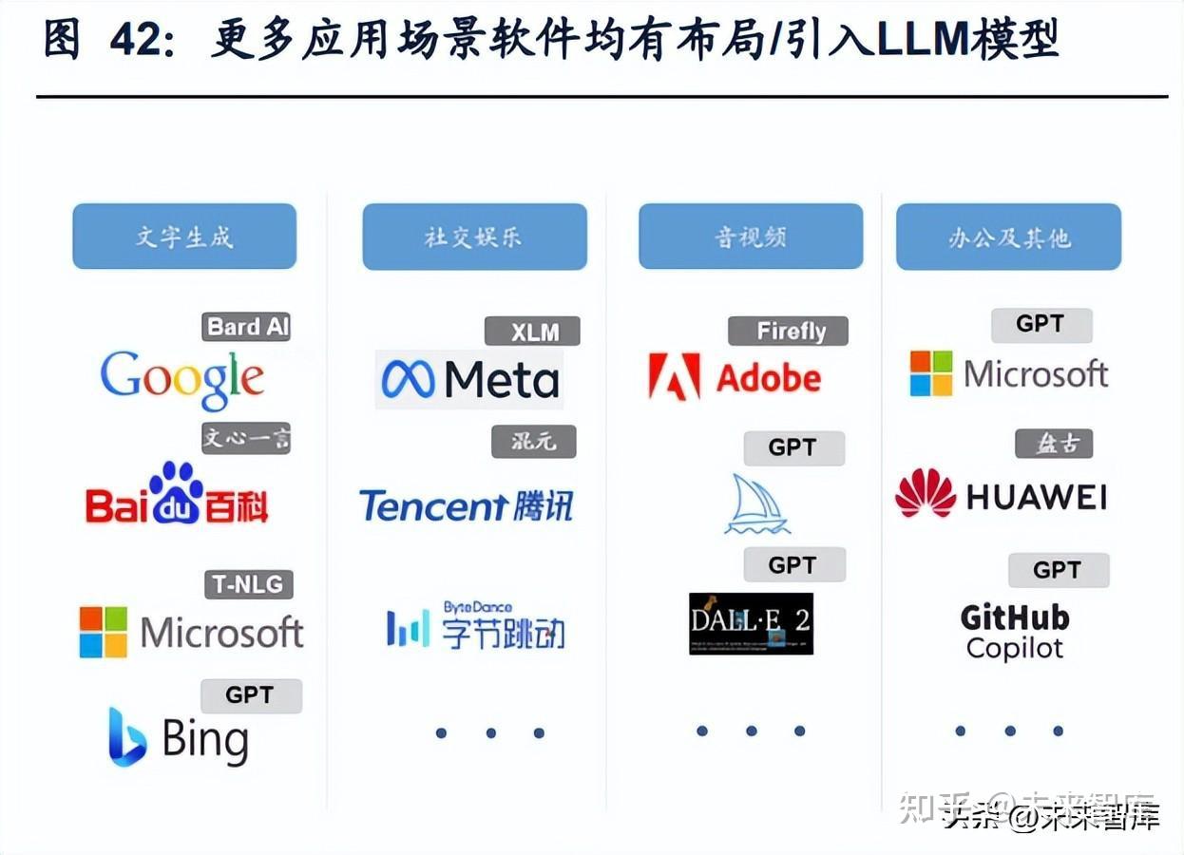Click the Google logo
pyautogui.click(x=182, y=378)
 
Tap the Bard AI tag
pyautogui.click(x=247, y=327)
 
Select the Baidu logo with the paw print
pyautogui.click(x=177, y=495)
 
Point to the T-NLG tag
pyautogui.click(x=248, y=584)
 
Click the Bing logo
pyautogui.click(x=179, y=739)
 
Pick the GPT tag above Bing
pyautogui.click(x=251, y=695)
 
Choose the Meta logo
pyautogui.click(x=469, y=379)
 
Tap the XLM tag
pyautogui.click(x=532, y=332)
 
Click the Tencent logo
pyautogui.click(x=466, y=505)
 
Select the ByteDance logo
pyautogui.click(x=475, y=626)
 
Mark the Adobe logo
pyautogui.click(x=735, y=377)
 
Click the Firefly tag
pyautogui.click(x=788, y=331)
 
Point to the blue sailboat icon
pyautogui.click(x=756, y=504)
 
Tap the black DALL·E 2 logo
pyautogui.click(x=751, y=623)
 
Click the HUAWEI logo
pyautogui.click(x=1001, y=495)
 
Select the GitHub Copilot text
pyautogui.click(x=1014, y=632)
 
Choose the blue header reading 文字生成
pyautogui.click(x=184, y=237)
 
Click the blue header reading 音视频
pyautogui.click(x=751, y=237)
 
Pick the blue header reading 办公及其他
pyautogui.click(x=1008, y=237)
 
